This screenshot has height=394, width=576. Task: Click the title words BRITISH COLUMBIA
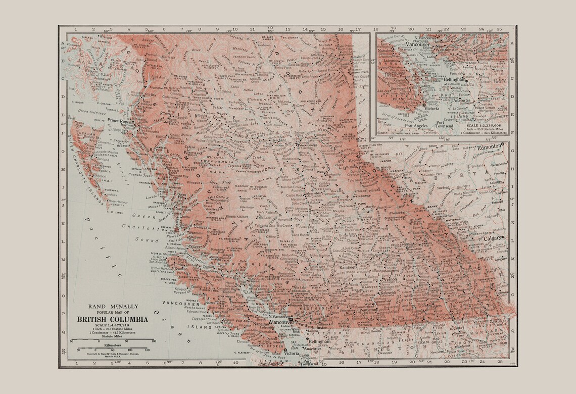(x=112, y=319)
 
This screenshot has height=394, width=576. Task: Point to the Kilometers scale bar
(x=112, y=343)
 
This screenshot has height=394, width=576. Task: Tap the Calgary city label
(x=492, y=237)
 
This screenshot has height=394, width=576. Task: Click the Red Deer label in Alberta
(x=501, y=192)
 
